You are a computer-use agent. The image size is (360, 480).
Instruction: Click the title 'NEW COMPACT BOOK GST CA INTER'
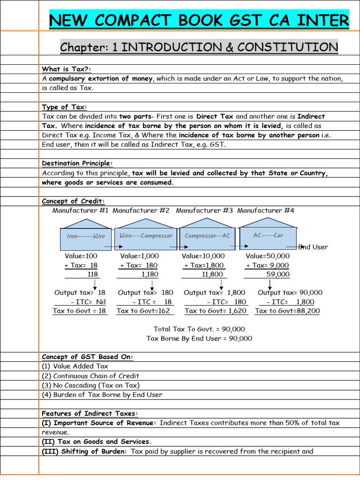tap(199, 21)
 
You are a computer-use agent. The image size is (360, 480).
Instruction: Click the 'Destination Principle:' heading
tap(77, 163)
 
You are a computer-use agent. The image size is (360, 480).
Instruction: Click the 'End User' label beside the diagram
tap(314, 247)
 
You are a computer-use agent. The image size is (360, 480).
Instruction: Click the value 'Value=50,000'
tap(268, 256)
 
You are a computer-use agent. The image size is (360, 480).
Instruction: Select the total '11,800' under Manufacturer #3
tap(212, 274)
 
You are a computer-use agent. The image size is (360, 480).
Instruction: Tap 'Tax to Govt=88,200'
tap(287, 311)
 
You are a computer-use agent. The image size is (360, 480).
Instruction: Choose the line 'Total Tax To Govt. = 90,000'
tap(199, 329)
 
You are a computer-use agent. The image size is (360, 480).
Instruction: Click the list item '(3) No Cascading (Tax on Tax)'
tap(90, 385)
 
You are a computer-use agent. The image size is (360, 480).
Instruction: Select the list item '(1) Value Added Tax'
tap(75, 366)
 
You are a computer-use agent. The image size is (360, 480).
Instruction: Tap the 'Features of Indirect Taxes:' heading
tap(90, 413)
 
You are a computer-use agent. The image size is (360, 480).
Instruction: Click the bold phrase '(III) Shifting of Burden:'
tap(84, 451)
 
